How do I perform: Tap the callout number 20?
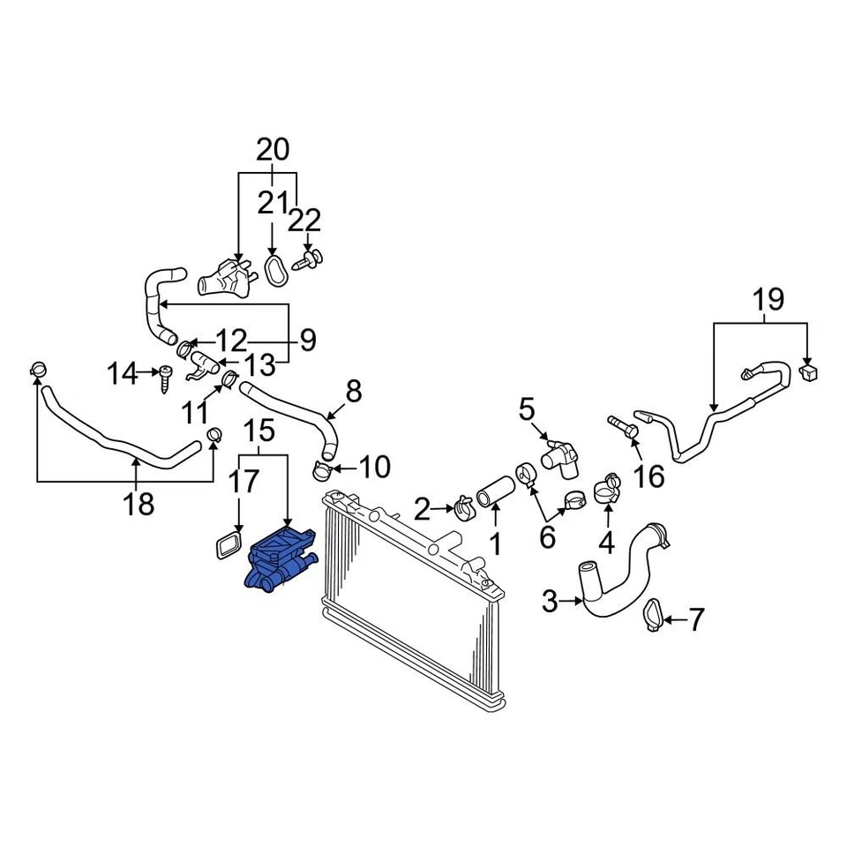273,150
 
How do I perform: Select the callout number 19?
768,299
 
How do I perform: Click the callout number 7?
696,621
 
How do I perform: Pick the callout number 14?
124,374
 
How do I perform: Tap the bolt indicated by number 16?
625,428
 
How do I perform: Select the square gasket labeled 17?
228,544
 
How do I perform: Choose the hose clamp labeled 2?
464,508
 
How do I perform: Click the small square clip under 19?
808,371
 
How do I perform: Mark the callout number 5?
527,409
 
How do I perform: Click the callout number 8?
353,391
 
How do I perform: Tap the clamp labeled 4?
607,487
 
